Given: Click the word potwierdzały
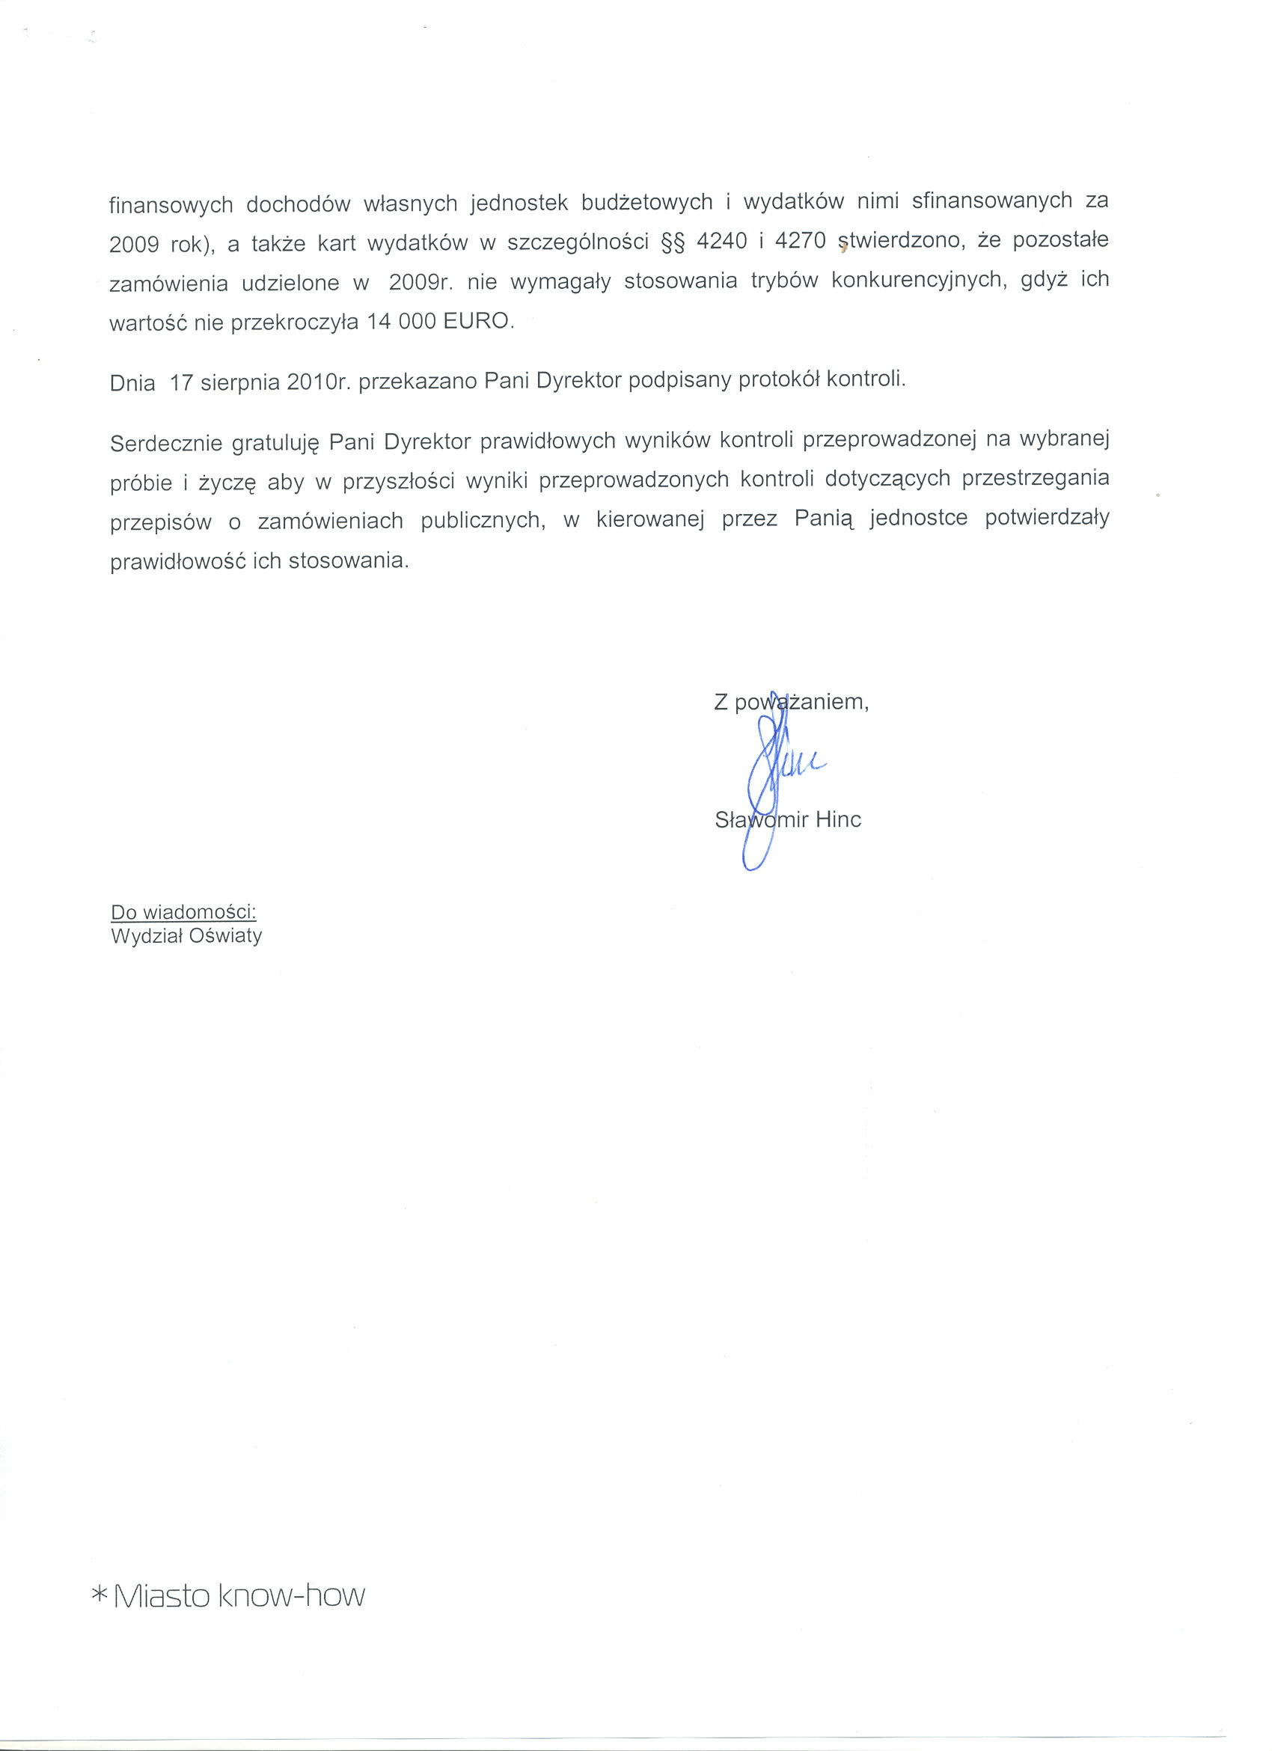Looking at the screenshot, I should point(1047,517).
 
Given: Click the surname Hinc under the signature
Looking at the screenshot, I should point(838,819).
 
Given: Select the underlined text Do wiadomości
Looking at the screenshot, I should point(184,911).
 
